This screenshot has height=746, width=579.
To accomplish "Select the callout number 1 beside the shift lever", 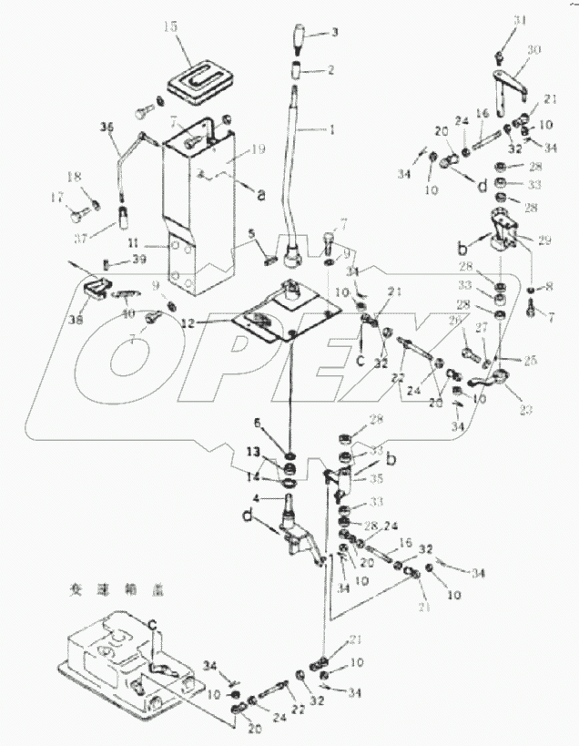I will (x=332, y=130).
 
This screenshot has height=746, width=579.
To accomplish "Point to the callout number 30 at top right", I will (x=533, y=49).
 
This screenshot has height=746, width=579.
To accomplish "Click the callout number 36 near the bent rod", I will (x=107, y=129).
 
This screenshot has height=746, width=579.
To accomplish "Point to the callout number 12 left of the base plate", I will (x=212, y=323).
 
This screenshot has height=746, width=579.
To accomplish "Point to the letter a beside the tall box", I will (x=261, y=194).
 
